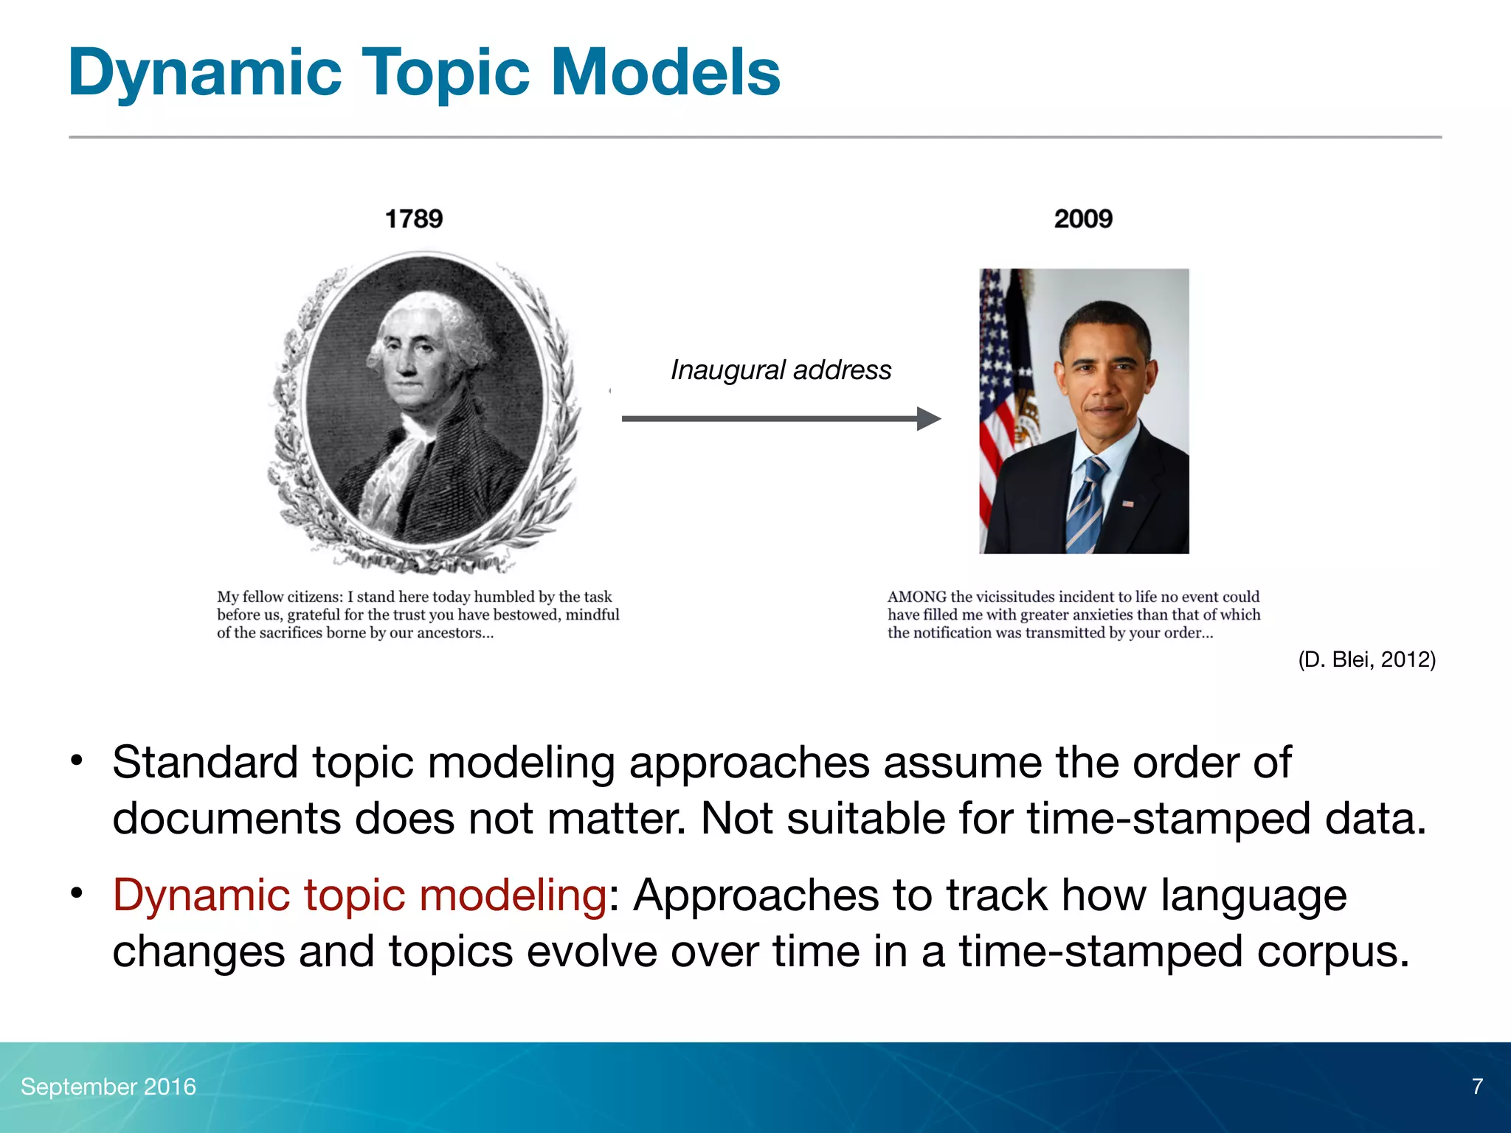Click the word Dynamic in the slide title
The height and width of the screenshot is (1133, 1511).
(x=204, y=72)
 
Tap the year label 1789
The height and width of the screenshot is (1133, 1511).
(x=414, y=219)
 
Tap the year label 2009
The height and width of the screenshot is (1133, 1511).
(x=1082, y=219)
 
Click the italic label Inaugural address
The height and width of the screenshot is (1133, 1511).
(x=781, y=370)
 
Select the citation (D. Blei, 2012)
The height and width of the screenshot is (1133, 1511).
(x=1366, y=659)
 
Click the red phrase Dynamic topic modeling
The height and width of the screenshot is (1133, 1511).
(x=359, y=895)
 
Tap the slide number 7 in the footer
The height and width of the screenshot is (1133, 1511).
(x=1477, y=1087)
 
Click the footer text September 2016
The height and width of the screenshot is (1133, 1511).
(x=108, y=1087)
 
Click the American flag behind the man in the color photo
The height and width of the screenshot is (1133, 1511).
(x=996, y=384)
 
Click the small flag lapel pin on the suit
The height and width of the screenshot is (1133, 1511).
(x=1128, y=503)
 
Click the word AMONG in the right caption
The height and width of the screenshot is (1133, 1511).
(x=916, y=597)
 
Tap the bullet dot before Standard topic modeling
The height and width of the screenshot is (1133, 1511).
(x=76, y=760)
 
